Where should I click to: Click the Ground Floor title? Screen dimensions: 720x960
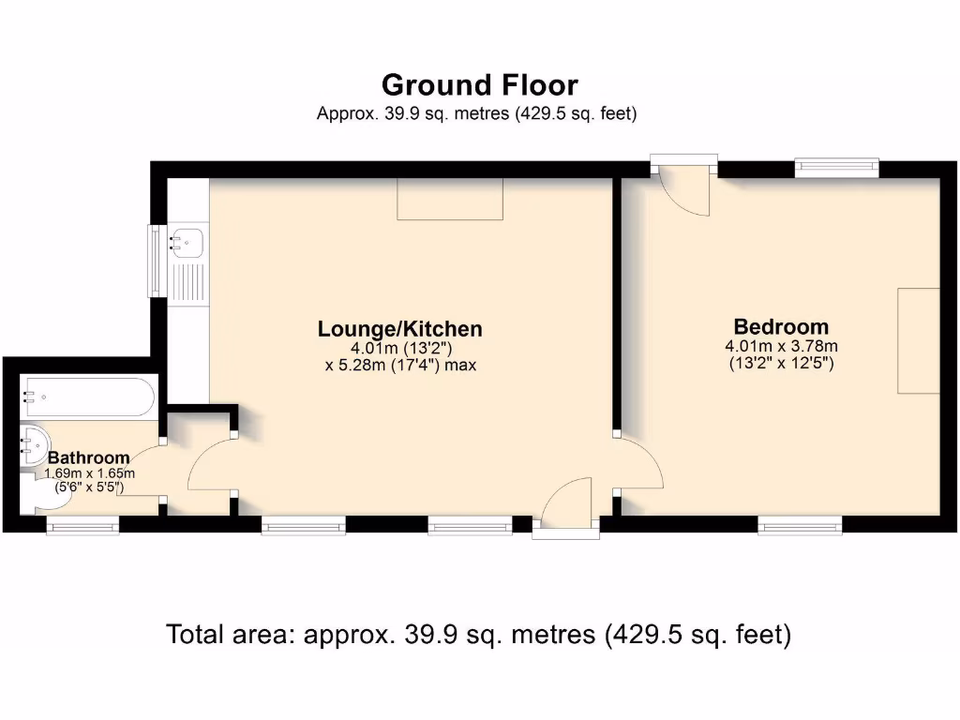tap(479, 85)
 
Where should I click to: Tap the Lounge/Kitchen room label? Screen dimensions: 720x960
tap(400, 329)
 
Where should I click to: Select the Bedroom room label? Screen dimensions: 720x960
tap(781, 327)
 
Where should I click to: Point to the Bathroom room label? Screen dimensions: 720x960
tap(89, 457)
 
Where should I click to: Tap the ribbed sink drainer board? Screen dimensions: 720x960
tap(189, 281)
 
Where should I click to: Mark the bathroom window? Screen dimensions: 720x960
tap(82, 527)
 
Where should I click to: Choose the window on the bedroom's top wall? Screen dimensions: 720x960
tap(836, 168)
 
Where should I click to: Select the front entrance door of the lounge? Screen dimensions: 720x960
tap(566, 511)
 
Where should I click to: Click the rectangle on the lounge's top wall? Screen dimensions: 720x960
tap(450, 199)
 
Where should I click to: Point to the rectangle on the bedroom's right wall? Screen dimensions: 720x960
tap(918, 340)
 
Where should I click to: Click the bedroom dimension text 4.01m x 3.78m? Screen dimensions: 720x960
tap(781, 346)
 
